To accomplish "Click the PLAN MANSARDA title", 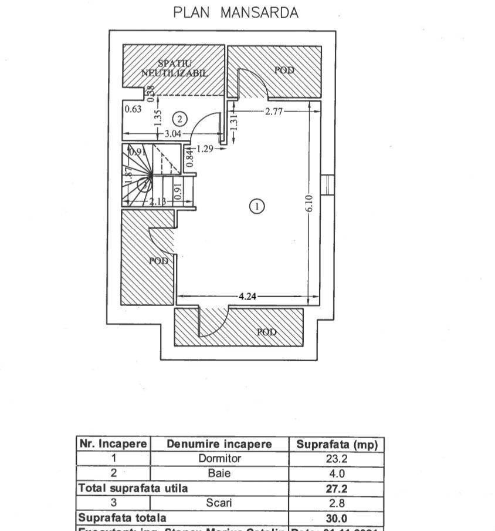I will click(236, 13).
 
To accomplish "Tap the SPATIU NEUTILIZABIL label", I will click(174, 68).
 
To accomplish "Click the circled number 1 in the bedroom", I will click(257, 206).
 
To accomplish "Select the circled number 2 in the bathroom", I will click(181, 119).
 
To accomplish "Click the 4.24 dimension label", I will click(245, 297).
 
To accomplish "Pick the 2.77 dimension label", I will click(274, 112).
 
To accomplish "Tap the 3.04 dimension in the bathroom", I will click(172, 135).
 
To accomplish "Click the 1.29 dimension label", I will click(205, 149).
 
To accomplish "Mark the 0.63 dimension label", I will click(133, 109).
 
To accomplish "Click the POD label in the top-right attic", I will click(284, 70).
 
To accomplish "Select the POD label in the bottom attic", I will click(267, 332).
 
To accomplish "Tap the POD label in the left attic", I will click(158, 261).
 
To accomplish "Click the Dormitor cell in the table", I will click(219, 458).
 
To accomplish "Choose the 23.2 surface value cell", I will click(336, 458).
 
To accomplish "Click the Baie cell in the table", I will click(219, 473).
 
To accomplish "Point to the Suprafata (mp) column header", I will click(336, 444).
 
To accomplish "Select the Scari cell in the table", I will click(219, 503).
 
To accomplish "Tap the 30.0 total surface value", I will click(336, 518).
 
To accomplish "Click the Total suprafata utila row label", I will click(133, 488).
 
